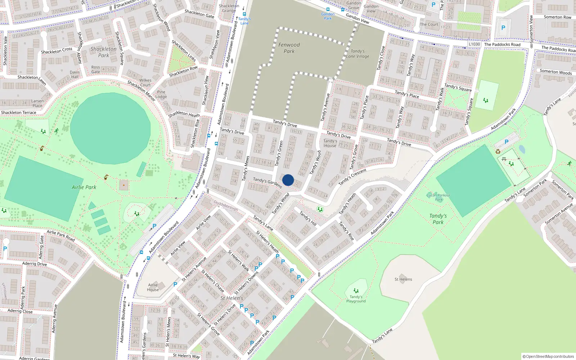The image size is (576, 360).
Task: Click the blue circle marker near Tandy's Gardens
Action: [x=288, y=180]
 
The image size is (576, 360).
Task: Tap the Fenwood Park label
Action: [x=289, y=48]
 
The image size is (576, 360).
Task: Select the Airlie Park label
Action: [x=84, y=187]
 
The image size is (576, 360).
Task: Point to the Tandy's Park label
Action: [x=438, y=219]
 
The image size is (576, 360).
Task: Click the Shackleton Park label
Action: [x=103, y=52]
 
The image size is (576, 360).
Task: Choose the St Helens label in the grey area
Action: [x=403, y=279]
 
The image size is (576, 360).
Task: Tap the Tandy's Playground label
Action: [x=356, y=299]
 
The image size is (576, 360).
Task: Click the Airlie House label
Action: [x=153, y=287]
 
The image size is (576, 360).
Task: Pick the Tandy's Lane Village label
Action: [x=357, y=54]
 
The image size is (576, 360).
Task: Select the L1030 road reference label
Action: [x=474, y=44]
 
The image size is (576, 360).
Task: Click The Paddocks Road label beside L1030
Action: [x=502, y=45]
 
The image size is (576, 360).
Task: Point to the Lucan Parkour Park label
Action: [x=438, y=197]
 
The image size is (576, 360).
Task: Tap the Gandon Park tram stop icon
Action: [x=328, y=9]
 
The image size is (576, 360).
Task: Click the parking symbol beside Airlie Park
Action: [x=154, y=226]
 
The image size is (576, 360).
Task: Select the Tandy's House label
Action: [x=330, y=143]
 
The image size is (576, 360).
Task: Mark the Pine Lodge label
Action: [x=161, y=94]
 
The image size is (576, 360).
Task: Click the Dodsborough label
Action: [x=226, y=206]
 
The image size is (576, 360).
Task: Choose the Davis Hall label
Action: [x=75, y=75]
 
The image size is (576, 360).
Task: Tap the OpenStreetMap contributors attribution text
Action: [x=548, y=356]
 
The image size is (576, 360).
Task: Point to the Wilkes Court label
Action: [x=145, y=83]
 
